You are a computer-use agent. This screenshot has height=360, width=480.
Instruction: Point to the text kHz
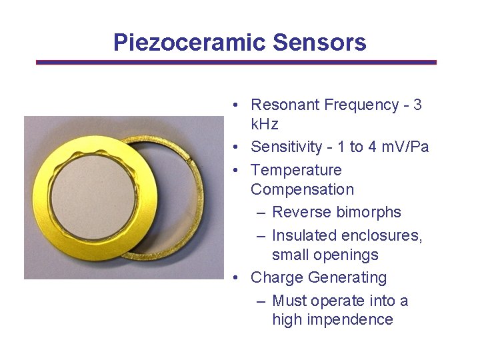(265, 124)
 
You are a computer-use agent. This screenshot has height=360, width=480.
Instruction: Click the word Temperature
(295, 170)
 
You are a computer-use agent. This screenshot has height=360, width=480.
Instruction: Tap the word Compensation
(302, 189)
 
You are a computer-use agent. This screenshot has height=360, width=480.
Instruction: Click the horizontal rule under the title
(237, 62)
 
